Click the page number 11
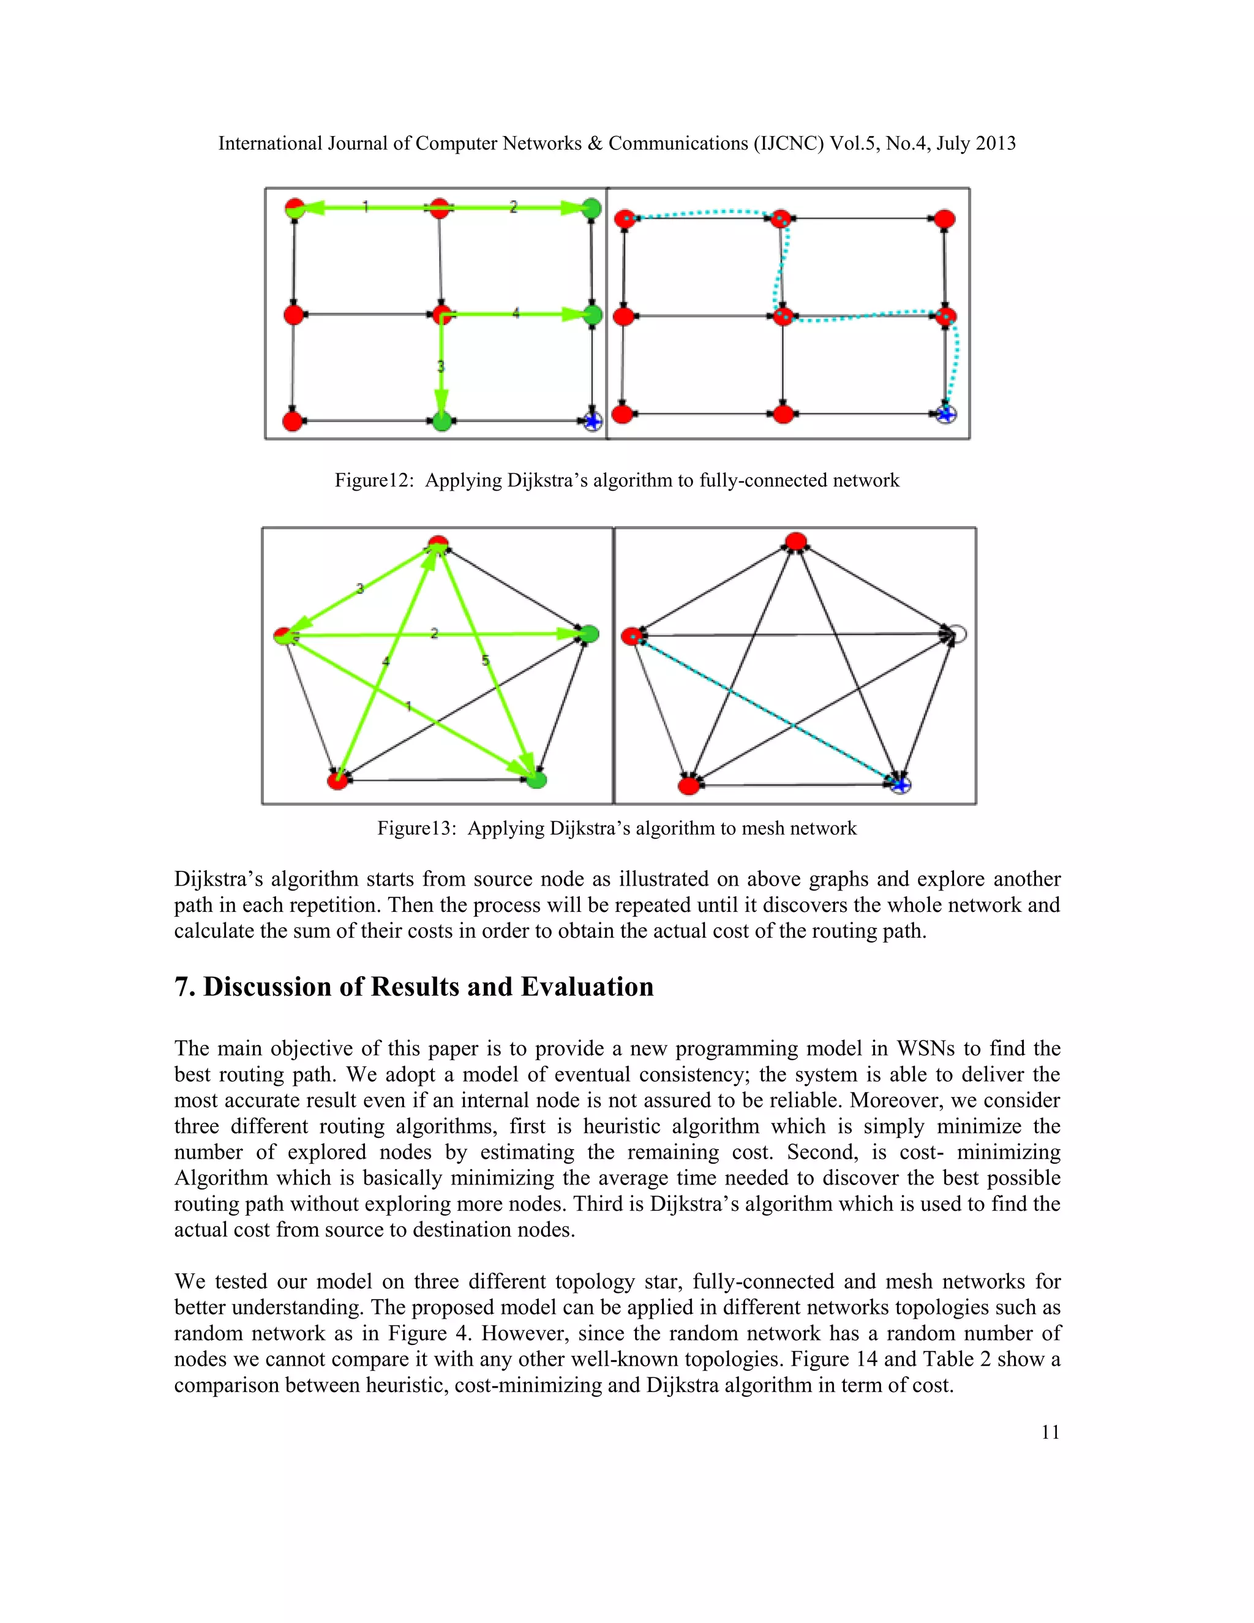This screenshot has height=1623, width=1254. (x=1049, y=1432)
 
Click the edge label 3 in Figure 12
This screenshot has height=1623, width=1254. (x=440, y=366)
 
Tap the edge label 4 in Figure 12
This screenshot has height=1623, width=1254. (x=516, y=314)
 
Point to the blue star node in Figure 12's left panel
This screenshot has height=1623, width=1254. (x=592, y=422)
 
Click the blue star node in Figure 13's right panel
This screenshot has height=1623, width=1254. (x=900, y=785)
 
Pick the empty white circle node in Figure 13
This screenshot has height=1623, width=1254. (x=958, y=635)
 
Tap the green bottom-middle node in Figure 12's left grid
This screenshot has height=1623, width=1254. (x=441, y=422)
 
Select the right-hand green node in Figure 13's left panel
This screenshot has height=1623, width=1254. (x=588, y=634)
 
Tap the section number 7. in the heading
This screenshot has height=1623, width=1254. (x=185, y=987)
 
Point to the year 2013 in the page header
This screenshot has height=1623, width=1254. (x=996, y=143)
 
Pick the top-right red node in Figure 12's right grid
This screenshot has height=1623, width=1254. (x=944, y=219)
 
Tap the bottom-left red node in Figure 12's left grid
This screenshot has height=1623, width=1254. (x=293, y=421)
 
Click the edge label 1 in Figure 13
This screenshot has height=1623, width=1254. (x=408, y=707)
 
